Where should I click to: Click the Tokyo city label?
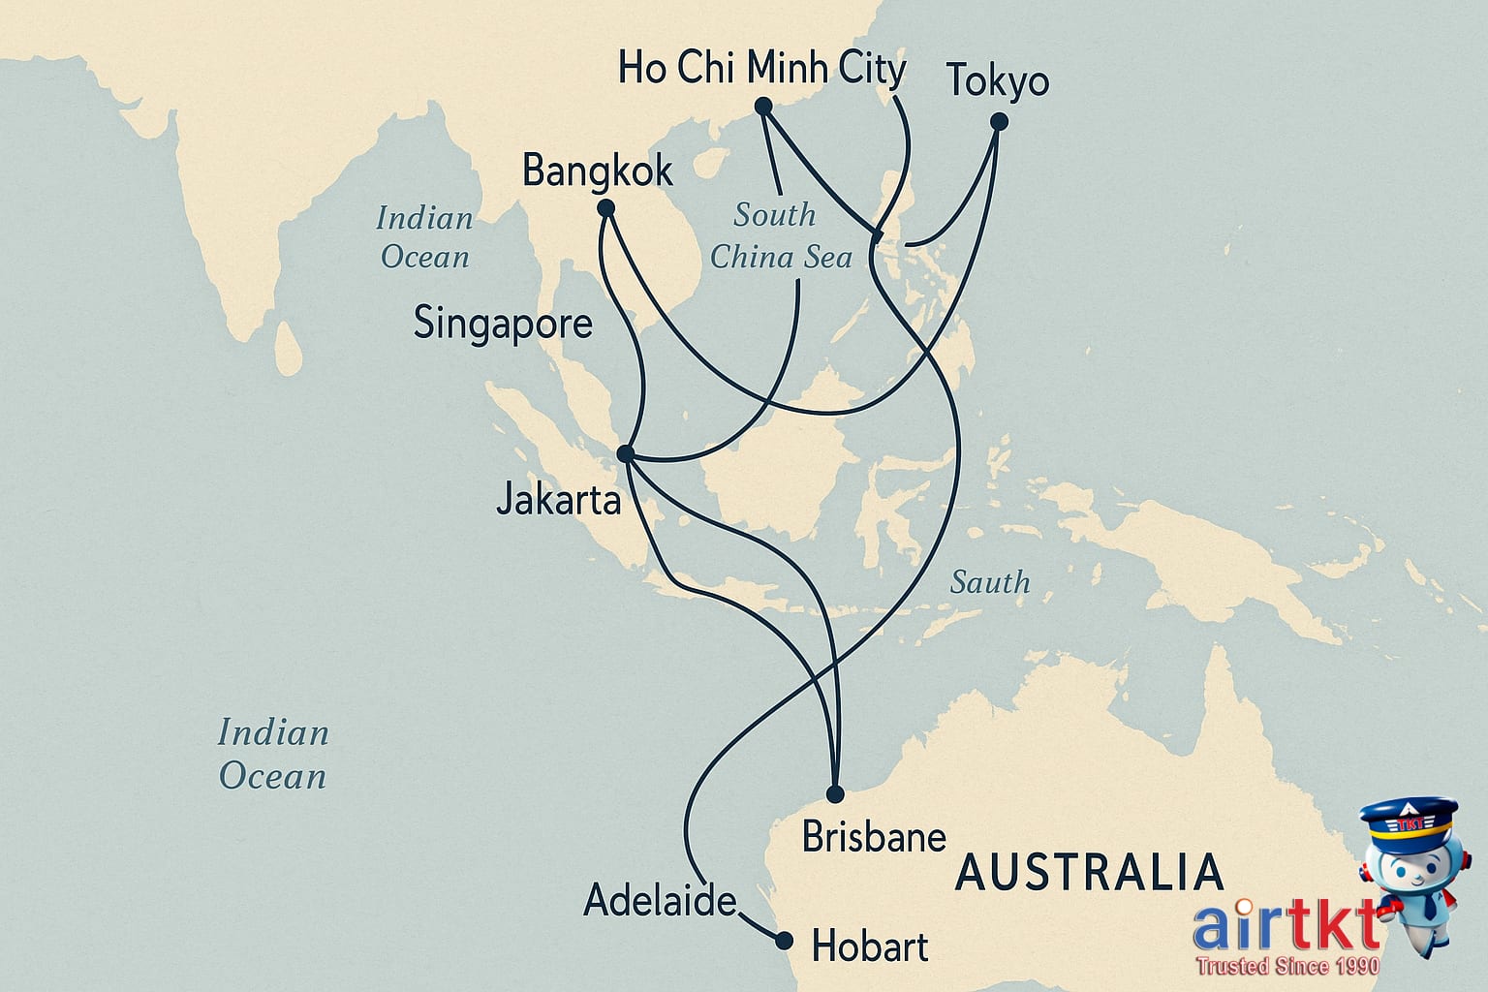point(998,81)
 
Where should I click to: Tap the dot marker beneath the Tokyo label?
point(999,122)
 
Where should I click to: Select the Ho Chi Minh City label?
point(761,69)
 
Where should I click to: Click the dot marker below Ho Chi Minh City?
point(762,106)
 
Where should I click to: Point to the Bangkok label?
point(597,171)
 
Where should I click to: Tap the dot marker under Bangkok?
point(606,208)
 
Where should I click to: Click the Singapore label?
point(503,323)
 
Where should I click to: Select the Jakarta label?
point(558,500)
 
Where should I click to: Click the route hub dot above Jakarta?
point(626,453)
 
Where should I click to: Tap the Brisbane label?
point(874,837)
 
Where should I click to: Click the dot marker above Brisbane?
point(835,794)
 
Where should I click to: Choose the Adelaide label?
point(660,901)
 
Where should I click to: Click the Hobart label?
point(869,946)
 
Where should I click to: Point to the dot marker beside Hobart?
point(785,941)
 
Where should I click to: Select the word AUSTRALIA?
point(1089,873)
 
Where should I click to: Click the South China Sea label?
point(780,236)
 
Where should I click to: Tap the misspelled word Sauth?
point(989,582)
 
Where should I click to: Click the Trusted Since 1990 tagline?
point(1287,966)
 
